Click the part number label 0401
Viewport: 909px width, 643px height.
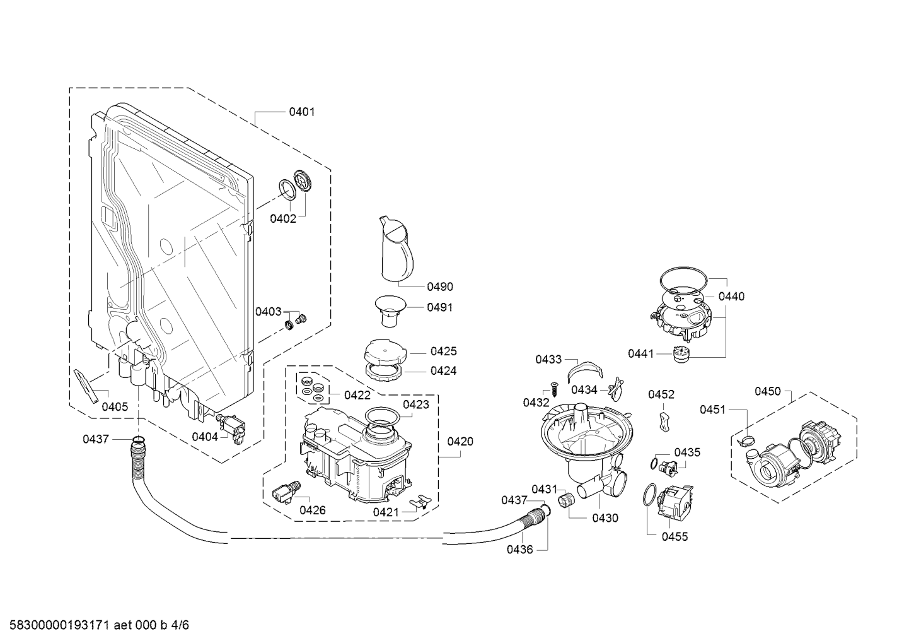(301, 112)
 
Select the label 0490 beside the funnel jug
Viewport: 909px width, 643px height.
(440, 286)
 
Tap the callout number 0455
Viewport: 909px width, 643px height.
(675, 536)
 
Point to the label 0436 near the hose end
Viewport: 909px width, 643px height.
(520, 550)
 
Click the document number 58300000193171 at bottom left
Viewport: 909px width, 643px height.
(59, 625)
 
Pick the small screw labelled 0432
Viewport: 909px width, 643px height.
(553, 389)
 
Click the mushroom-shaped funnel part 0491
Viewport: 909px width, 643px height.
(390, 311)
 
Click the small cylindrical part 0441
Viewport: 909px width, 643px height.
(681, 354)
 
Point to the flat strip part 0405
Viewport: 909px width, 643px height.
(86, 386)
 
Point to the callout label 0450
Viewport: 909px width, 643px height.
(767, 391)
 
